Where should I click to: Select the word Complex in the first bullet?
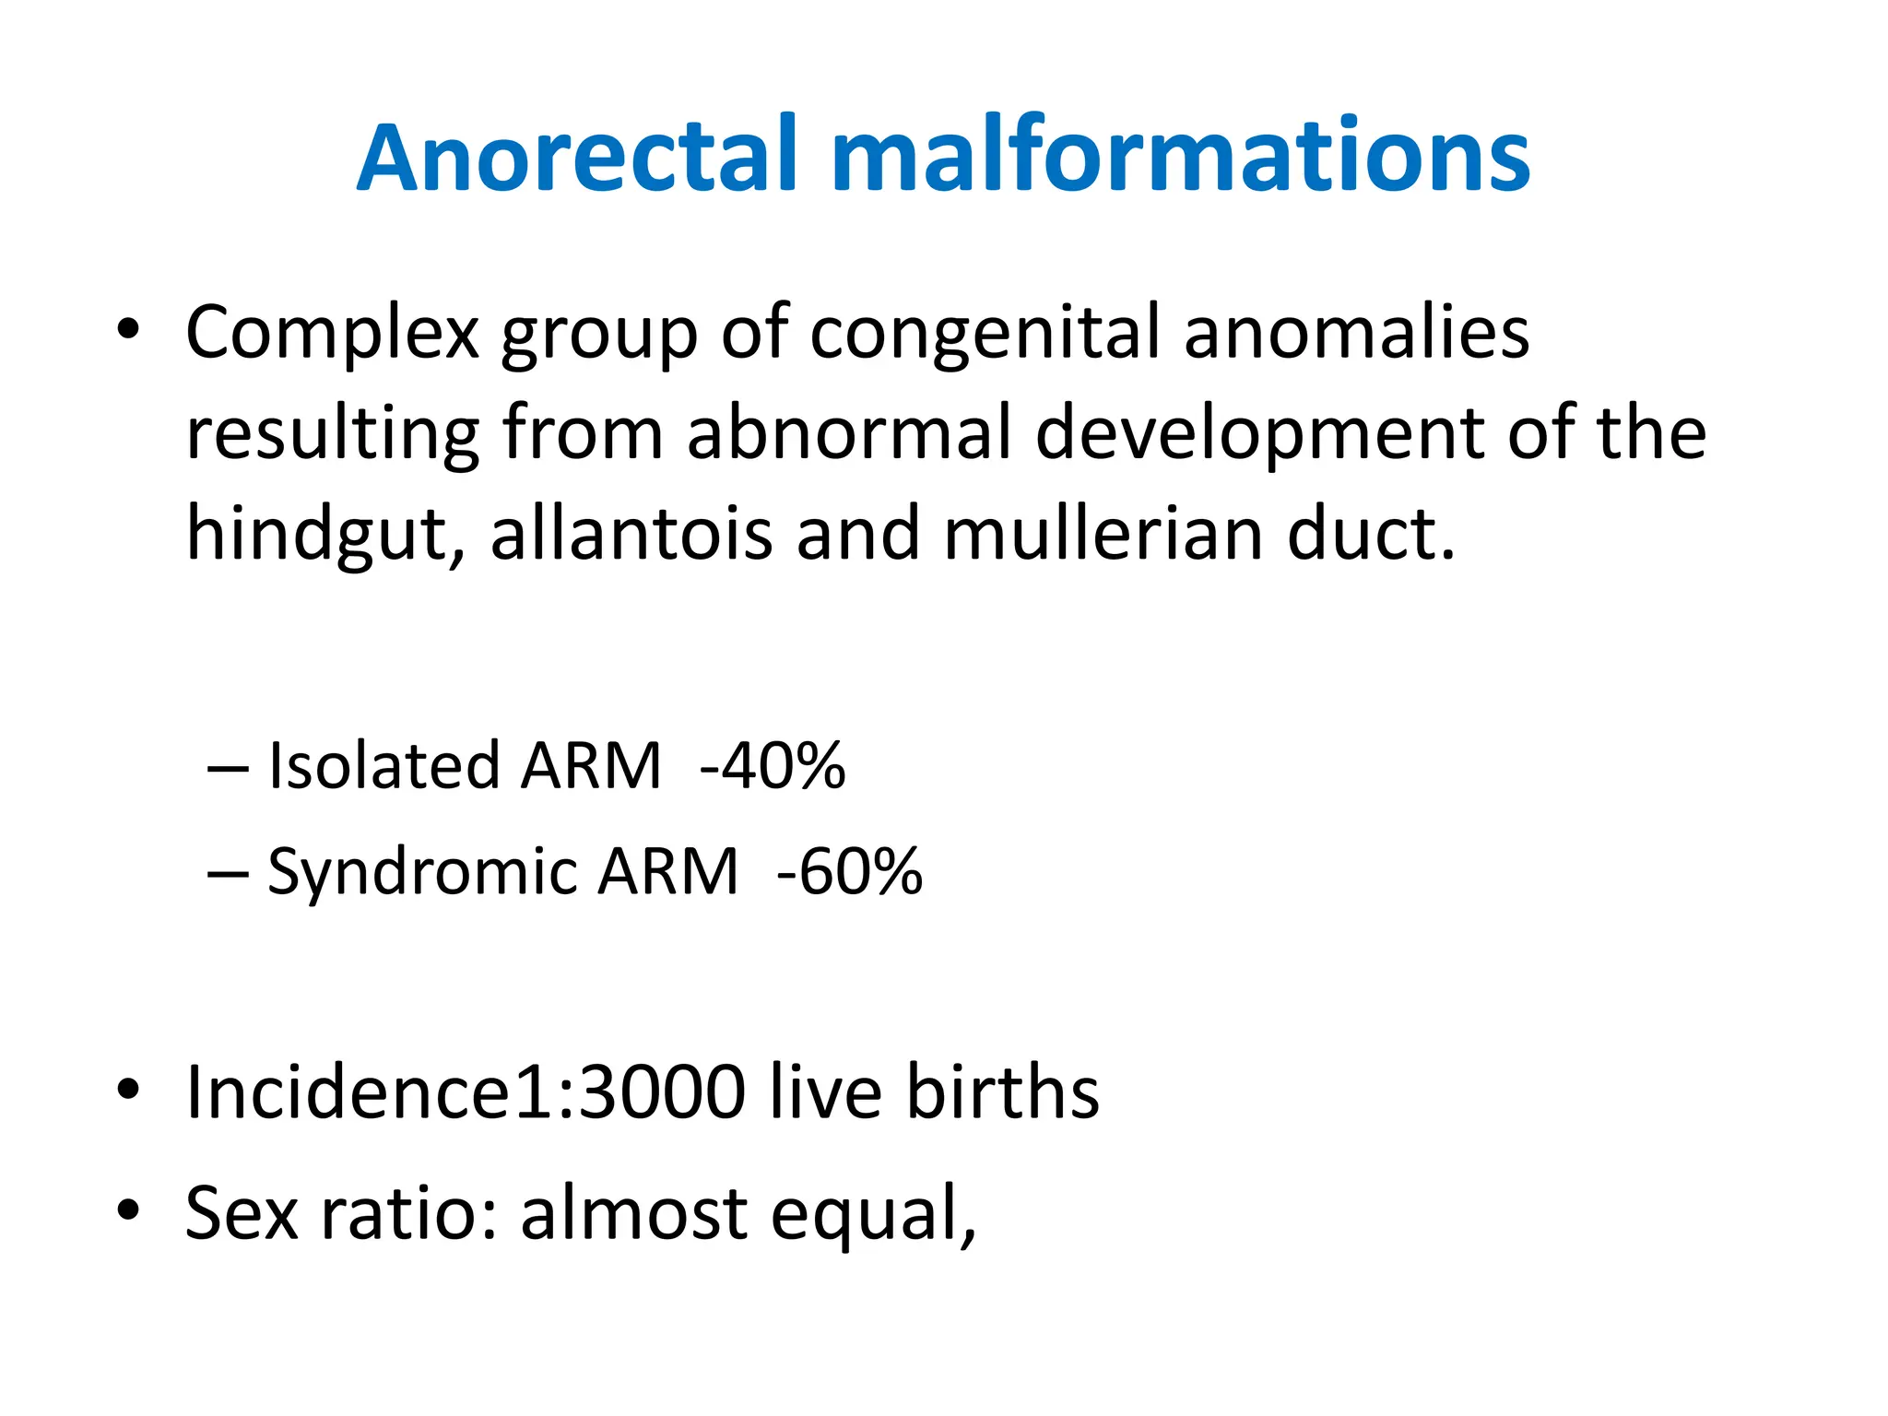[332, 334]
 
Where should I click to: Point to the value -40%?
[773, 766]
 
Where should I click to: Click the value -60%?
[849, 872]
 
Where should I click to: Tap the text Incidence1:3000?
[466, 1092]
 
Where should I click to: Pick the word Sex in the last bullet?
[242, 1213]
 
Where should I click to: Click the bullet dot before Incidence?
[128, 1090]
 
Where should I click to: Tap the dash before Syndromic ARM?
[228, 873]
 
